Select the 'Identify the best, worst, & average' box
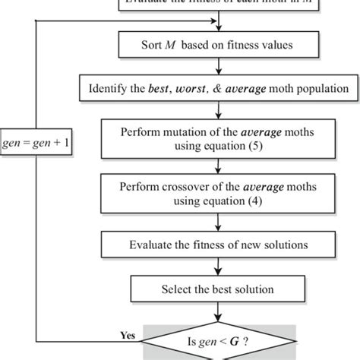pos(218,90)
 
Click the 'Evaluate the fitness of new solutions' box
pos(218,244)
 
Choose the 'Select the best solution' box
pos(218,289)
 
